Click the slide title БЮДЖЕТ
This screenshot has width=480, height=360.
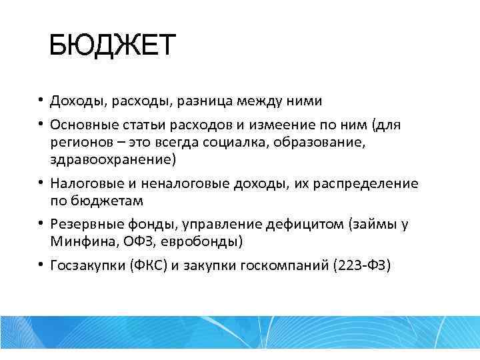coord(112,46)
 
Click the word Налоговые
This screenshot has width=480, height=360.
coord(85,183)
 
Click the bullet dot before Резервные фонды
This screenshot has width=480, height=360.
coord(41,224)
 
